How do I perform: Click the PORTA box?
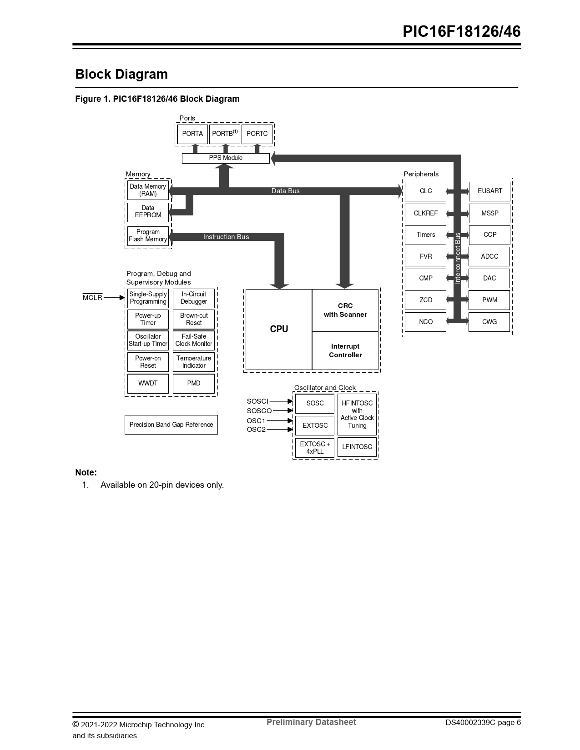point(192,134)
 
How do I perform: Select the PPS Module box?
point(226,158)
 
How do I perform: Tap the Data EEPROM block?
point(148,212)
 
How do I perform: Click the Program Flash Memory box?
point(148,236)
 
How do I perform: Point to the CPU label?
point(279,329)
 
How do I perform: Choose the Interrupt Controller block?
point(345,350)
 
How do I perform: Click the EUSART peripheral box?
point(489,191)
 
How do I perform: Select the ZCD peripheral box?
point(426,300)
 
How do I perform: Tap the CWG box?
point(489,322)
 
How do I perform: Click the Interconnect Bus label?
point(458,258)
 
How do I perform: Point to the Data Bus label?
point(285,191)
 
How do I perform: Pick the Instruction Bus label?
point(226,237)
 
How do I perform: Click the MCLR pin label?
point(93,298)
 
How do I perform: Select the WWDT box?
point(148,384)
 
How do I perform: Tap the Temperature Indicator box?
point(194,362)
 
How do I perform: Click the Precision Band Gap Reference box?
point(171,425)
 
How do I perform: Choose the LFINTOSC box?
point(357,447)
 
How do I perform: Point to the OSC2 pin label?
point(256,430)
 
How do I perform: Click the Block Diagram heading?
point(121,74)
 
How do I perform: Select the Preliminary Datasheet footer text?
point(311,722)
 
